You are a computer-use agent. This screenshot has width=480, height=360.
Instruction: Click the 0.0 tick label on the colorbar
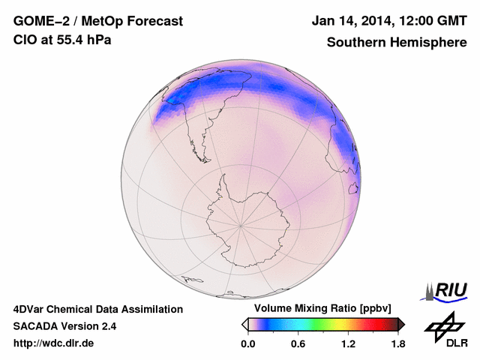pos(247,343)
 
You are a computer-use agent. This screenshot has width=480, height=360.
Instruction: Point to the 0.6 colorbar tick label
pos(298,343)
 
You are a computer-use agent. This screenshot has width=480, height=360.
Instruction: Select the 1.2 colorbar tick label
pos(348,343)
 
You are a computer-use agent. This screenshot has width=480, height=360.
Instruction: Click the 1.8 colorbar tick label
pos(397,343)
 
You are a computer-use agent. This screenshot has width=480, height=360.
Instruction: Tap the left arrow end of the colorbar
pos(244,324)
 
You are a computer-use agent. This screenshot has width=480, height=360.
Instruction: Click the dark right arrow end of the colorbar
pos(400,324)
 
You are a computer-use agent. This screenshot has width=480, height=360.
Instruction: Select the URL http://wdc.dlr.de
pos(54,343)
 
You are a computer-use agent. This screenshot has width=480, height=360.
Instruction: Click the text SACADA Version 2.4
pos(64,326)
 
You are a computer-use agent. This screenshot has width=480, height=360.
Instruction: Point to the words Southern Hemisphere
pos(397,42)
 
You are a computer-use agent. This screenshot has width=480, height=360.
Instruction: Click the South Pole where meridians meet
pos(240,224)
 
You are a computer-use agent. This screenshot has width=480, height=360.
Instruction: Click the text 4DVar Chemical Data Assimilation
pos(97,309)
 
